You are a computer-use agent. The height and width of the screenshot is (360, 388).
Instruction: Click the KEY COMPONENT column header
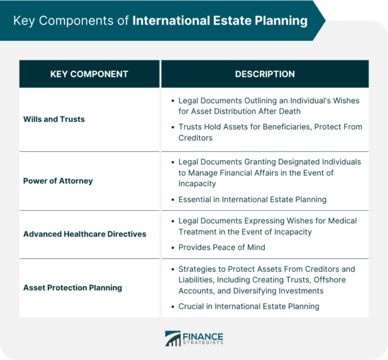tap(89, 74)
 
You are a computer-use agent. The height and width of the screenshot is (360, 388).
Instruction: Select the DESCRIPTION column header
tap(265, 74)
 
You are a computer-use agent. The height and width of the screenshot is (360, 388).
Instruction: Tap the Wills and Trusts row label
tap(54, 119)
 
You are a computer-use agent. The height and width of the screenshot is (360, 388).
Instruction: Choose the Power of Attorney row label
tap(58, 181)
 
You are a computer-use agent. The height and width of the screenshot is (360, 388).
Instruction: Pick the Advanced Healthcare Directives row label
tap(85, 234)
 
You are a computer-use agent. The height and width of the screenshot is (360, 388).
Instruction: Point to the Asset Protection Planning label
tap(72, 288)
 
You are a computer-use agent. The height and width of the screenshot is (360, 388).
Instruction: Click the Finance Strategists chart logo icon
tap(173, 338)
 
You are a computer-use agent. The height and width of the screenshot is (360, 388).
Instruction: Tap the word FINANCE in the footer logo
tap(203, 337)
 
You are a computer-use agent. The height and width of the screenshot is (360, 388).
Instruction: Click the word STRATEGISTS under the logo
tap(203, 343)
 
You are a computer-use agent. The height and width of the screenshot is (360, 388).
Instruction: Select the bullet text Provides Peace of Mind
tap(222, 247)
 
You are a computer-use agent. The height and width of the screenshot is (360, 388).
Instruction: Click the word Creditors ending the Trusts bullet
tap(196, 138)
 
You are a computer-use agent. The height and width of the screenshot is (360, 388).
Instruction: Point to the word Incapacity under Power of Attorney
tap(197, 183)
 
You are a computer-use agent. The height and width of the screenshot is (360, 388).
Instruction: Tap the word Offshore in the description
tap(330, 280)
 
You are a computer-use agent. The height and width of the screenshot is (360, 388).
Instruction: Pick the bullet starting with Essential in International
tap(253, 200)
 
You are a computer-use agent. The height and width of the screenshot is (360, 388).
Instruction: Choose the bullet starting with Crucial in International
tap(249, 307)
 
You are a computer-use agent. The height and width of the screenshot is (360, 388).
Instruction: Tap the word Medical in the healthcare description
tap(342, 221)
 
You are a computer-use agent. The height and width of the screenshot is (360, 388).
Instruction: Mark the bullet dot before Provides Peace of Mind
tap(173, 247)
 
